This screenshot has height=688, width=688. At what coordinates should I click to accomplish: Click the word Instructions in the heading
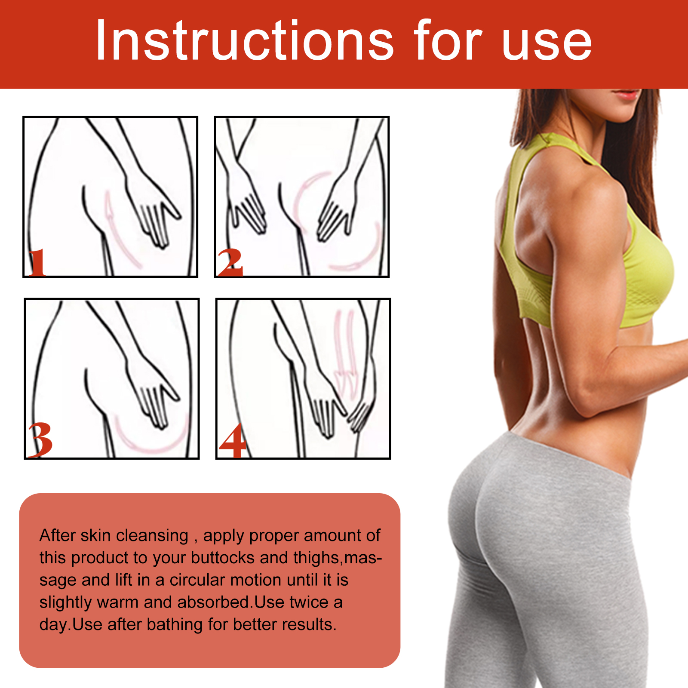tap(244, 41)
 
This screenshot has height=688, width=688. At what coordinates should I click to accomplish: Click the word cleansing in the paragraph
tap(152, 536)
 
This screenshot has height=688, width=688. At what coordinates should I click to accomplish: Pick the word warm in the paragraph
tap(117, 602)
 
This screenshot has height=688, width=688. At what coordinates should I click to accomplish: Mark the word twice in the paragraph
tap(309, 602)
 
